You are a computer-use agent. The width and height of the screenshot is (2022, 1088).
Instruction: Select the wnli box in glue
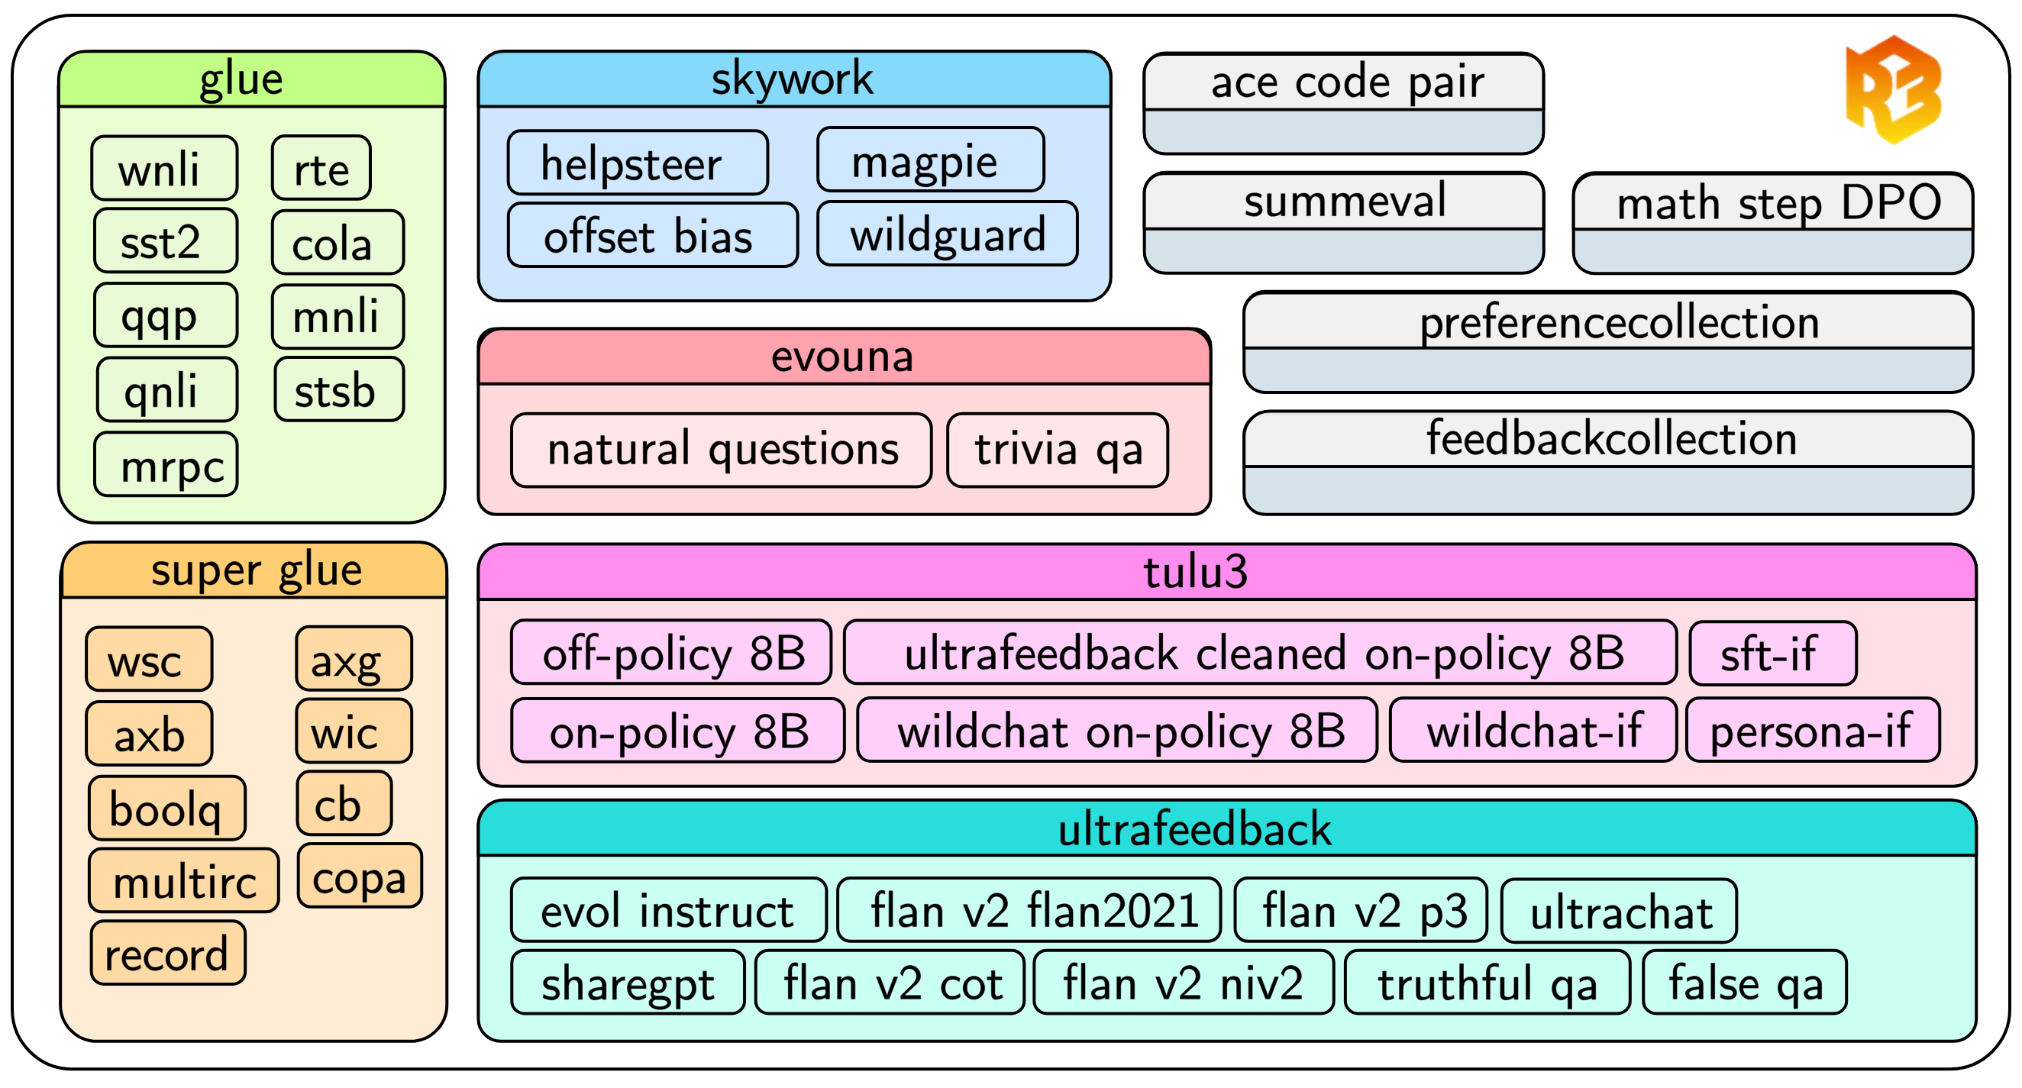pyautogui.click(x=164, y=168)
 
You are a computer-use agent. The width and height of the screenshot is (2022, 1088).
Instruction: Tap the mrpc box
pyautogui.click(x=166, y=465)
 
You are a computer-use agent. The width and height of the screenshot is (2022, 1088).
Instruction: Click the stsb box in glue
pyautogui.click(x=339, y=390)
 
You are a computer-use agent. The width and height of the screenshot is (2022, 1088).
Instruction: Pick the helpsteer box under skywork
pyautogui.click(x=638, y=163)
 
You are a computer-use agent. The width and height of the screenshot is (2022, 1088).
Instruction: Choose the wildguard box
pyautogui.click(x=947, y=234)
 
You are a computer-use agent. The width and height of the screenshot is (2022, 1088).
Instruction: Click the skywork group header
pyautogui.click(x=793, y=79)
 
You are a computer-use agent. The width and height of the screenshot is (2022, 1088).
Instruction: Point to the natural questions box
pyautogui.click(x=721, y=450)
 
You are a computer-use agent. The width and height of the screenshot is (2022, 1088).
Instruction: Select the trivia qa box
pyautogui.click(x=1057, y=450)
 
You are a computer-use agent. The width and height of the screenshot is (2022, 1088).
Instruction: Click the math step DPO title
pyautogui.click(x=1772, y=202)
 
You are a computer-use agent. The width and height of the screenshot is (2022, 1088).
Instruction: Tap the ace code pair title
pyautogui.click(x=1343, y=82)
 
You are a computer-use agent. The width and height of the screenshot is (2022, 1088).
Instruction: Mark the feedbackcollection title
pyautogui.click(x=1607, y=439)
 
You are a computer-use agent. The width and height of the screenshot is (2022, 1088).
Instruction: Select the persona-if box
pyautogui.click(x=1812, y=731)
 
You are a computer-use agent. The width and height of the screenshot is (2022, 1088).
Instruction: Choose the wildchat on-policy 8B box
pyautogui.click(x=1116, y=731)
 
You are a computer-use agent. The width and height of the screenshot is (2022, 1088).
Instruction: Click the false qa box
pyautogui.click(x=1744, y=983)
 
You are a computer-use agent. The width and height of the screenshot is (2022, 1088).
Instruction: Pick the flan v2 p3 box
pyautogui.click(x=1360, y=911)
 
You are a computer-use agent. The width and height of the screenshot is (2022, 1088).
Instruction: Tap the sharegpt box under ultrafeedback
pyautogui.click(x=627, y=983)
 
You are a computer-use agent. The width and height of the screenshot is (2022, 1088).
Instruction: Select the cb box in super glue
pyautogui.click(x=343, y=804)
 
